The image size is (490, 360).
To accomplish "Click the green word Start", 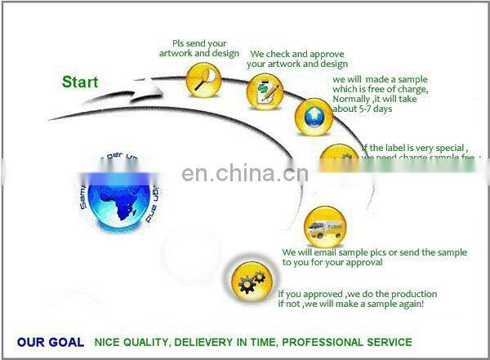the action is tap(80, 82).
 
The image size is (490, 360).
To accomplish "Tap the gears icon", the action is tap(248, 281).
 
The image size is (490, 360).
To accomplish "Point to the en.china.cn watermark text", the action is tap(244, 173).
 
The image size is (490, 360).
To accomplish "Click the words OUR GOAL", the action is tap(50, 342).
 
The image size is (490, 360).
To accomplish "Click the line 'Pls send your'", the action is tap(199, 43).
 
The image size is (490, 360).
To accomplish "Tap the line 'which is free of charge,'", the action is tap(380, 89).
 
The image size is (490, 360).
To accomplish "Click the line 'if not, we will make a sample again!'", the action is tap(350, 304).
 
